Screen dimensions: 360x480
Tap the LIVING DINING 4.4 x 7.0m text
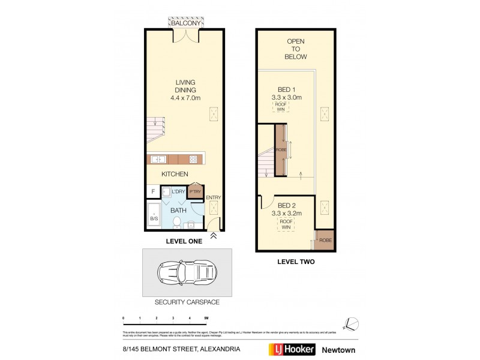(x=185, y=91)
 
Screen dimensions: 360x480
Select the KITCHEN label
(x=175, y=174)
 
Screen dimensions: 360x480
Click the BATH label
(x=178, y=211)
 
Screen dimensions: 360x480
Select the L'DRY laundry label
(x=178, y=192)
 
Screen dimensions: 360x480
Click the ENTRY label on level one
(x=213, y=198)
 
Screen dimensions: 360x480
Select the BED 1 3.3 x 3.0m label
(x=286, y=92)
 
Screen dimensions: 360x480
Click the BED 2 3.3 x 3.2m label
(x=286, y=209)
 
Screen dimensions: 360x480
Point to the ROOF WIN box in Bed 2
(x=286, y=224)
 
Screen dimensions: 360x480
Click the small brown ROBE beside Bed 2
(x=325, y=239)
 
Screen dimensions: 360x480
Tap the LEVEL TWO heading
(x=295, y=262)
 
